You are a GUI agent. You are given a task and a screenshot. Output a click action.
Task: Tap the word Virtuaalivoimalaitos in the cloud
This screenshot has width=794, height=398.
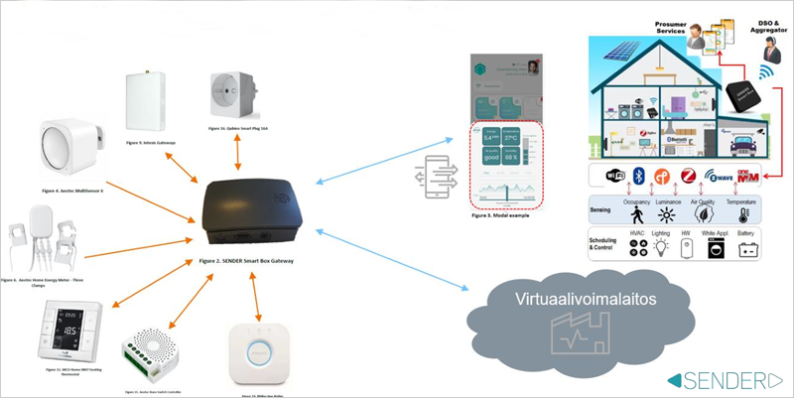tap(572, 298)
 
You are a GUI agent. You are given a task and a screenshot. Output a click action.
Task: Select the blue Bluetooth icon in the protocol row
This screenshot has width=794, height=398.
tap(640, 178)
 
